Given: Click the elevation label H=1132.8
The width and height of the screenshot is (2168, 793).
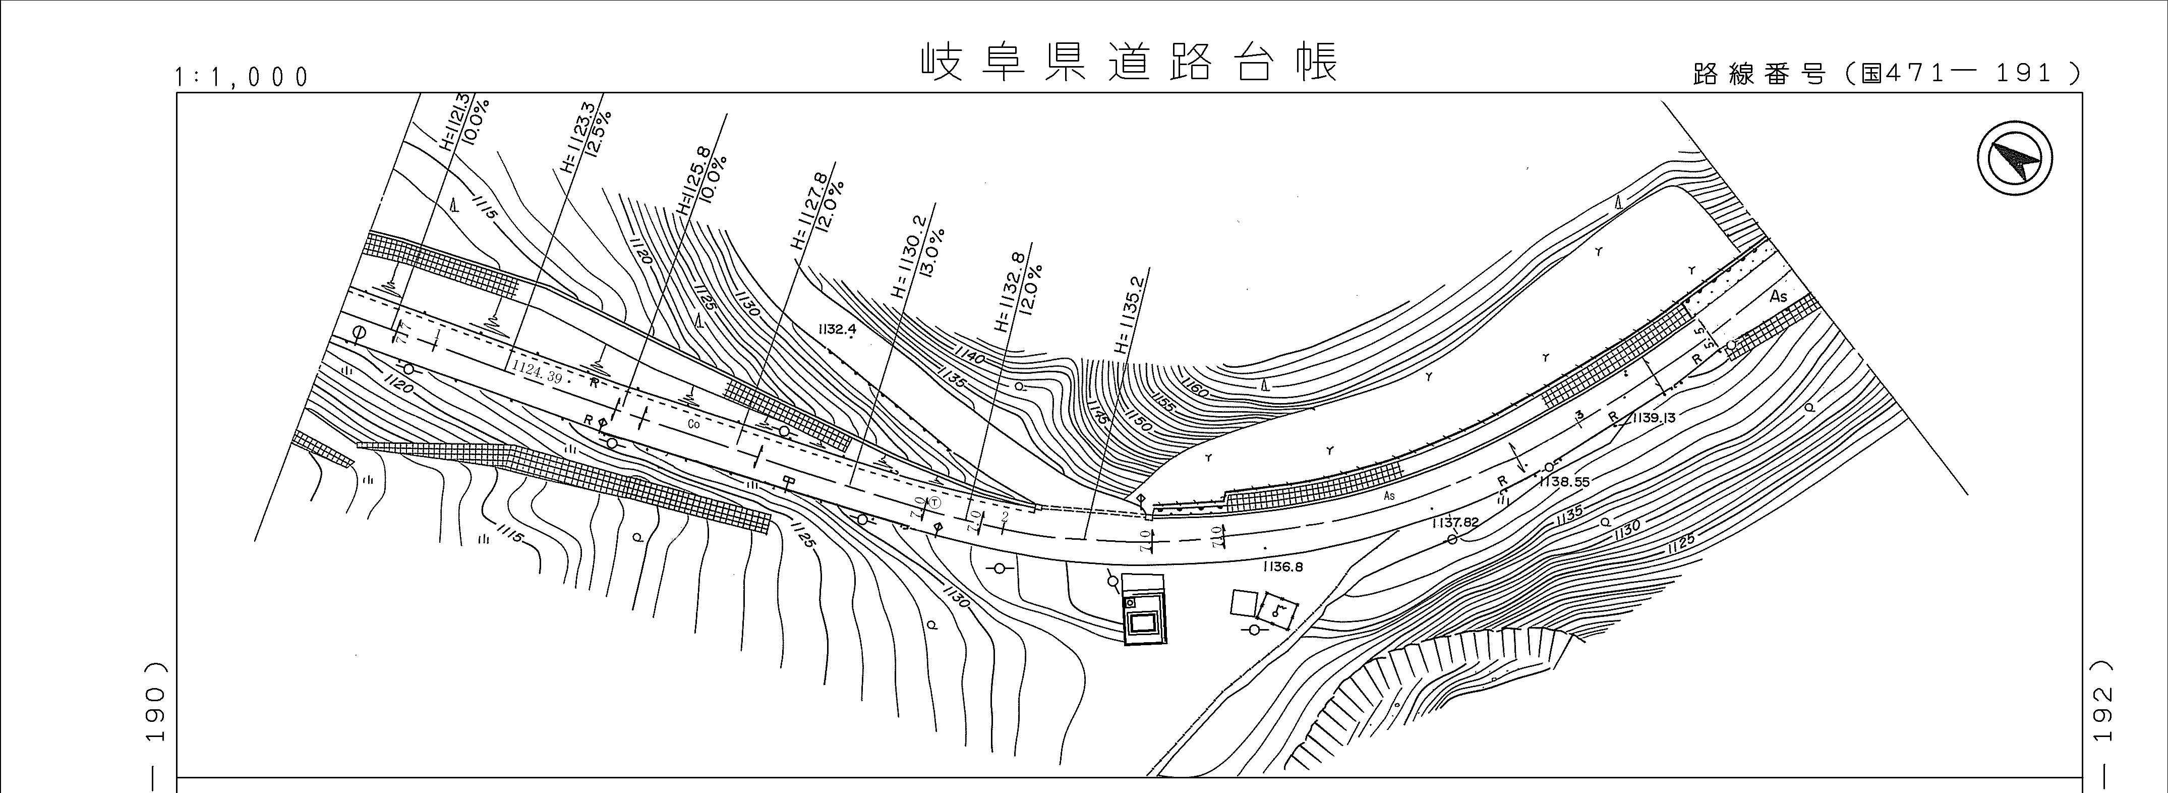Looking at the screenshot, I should (1011, 291).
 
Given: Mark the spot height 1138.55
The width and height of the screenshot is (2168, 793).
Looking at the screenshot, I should (1564, 482).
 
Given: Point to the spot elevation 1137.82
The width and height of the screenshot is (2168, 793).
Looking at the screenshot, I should (1455, 523).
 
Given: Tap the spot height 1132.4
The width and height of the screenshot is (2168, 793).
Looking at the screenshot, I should (836, 329).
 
